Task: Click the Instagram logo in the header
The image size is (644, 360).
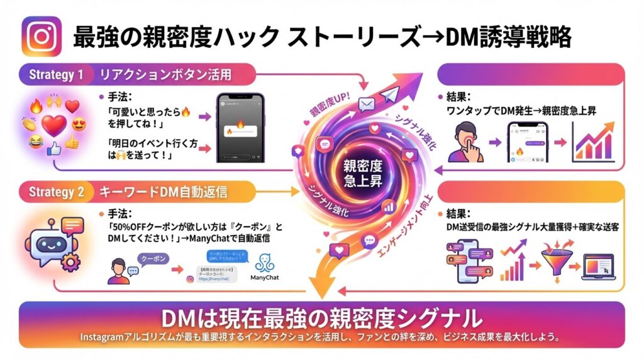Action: (x=42, y=36)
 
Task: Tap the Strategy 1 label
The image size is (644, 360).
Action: (x=56, y=75)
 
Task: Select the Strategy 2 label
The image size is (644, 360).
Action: (x=56, y=192)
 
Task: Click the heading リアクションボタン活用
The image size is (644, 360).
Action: (x=165, y=75)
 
